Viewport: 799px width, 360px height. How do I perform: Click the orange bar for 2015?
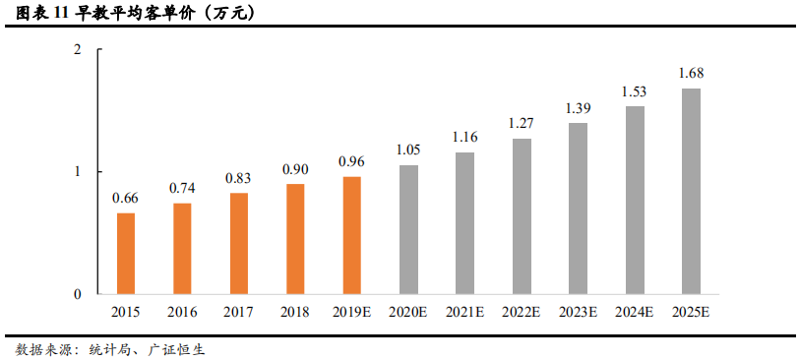[x=126, y=254]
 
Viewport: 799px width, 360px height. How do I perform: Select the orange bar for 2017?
[x=239, y=243]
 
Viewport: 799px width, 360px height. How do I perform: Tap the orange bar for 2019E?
[x=352, y=235]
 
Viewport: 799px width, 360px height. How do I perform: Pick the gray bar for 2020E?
[x=408, y=229]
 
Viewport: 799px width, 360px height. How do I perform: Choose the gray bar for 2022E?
[x=522, y=216]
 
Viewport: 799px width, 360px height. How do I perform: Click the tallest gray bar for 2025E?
[x=691, y=191]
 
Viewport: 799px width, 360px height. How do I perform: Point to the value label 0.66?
[x=126, y=198]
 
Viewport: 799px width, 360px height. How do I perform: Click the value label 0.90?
[x=295, y=169]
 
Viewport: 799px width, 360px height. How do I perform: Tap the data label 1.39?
[x=579, y=108]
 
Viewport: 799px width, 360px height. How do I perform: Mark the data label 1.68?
[x=691, y=73]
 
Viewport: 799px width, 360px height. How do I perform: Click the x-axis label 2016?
[x=182, y=312]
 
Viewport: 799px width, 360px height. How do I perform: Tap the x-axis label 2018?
[x=295, y=312]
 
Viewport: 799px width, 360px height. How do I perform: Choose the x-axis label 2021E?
[x=465, y=312]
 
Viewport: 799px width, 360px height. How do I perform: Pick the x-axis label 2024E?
[x=635, y=312]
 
